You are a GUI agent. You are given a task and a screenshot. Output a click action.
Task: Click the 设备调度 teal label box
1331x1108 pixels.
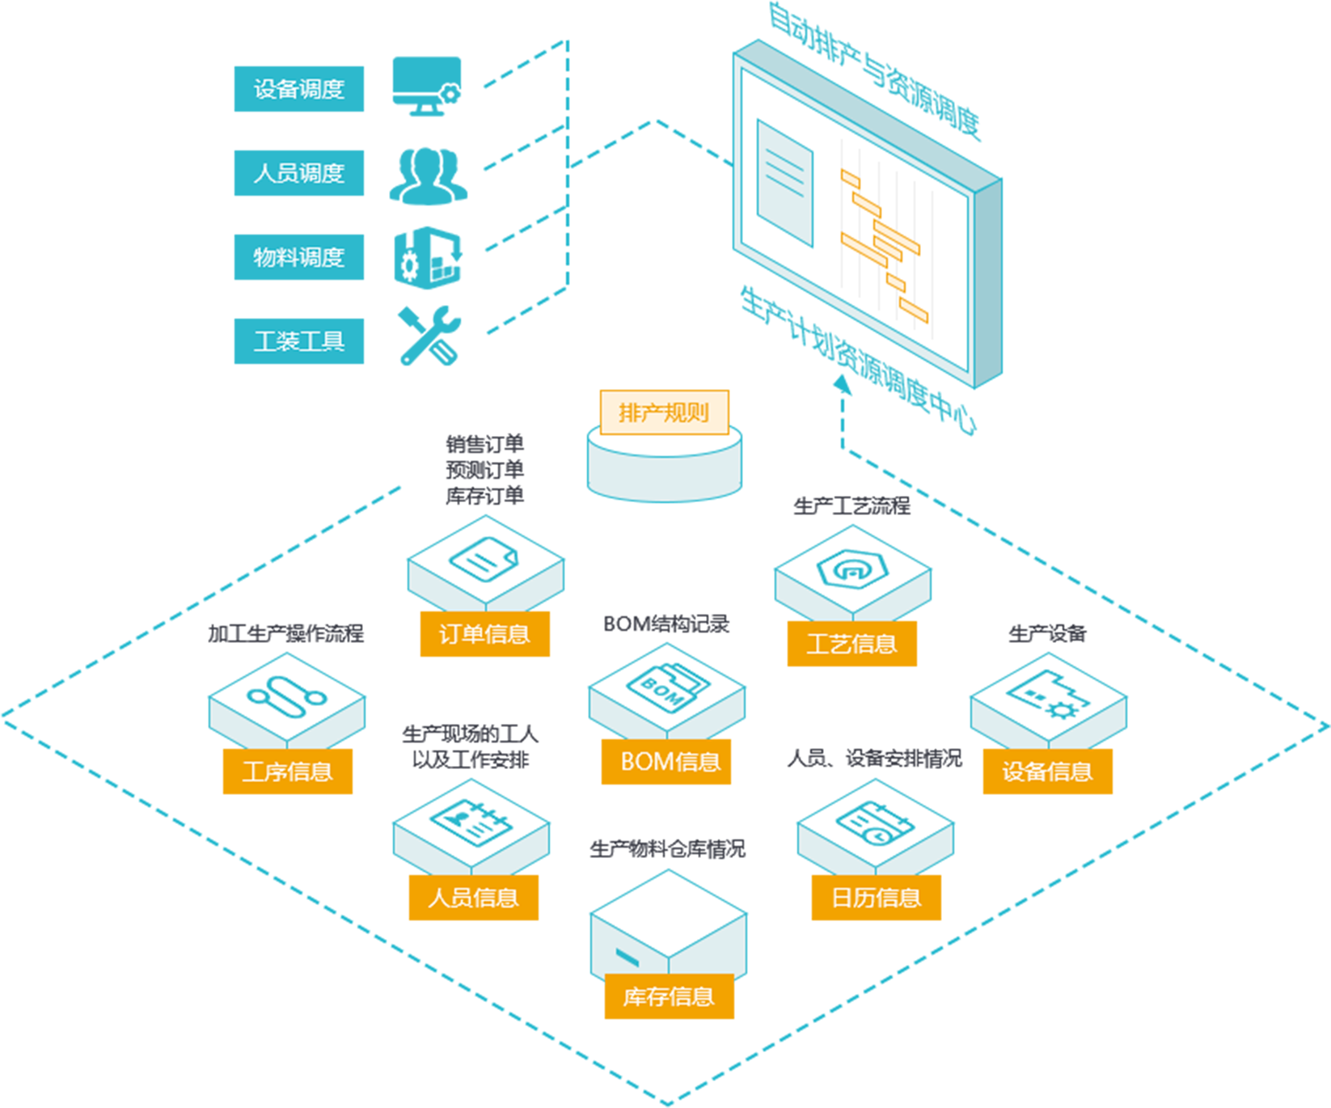[x=298, y=89]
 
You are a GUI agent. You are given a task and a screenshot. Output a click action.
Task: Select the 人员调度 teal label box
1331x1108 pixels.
[x=298, y=173]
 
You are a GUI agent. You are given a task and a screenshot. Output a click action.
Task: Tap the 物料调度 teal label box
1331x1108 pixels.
[x=298, y=257]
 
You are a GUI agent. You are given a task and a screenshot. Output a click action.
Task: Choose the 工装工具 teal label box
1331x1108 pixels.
[x=298, y=341]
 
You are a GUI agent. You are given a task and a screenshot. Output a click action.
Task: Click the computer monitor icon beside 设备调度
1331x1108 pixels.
[x=426, y=85]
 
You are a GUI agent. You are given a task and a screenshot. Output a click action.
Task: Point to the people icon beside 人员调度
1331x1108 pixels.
[x=428, y=176]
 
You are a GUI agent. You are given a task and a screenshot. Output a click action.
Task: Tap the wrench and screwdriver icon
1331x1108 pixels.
[x=429, y=335]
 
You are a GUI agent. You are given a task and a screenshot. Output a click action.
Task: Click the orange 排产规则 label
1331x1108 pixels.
[x=664, y=412]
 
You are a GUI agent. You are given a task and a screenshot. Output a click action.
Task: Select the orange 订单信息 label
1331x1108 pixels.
[x=484, y=634]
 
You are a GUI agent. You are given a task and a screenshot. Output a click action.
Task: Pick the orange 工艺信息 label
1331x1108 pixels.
[x=851, y=644]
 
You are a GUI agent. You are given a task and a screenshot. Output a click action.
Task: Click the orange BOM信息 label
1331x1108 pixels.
[x=665, y=762]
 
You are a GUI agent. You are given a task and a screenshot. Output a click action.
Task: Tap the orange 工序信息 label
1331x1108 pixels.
[x=287, y=772]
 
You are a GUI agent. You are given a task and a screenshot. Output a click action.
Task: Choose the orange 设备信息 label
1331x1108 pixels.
[x=1047, y=772]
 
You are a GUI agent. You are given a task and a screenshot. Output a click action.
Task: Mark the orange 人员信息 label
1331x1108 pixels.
[x=473, y=898]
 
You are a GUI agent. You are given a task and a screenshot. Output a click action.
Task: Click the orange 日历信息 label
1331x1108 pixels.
[x=876, y=898]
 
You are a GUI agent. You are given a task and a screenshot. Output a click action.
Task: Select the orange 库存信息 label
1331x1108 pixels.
[x=669, y=996]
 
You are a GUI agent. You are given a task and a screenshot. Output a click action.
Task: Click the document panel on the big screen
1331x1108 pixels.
[x=784, y=183]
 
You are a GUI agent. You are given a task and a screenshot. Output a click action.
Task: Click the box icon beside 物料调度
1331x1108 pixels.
[x=428, y=258]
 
